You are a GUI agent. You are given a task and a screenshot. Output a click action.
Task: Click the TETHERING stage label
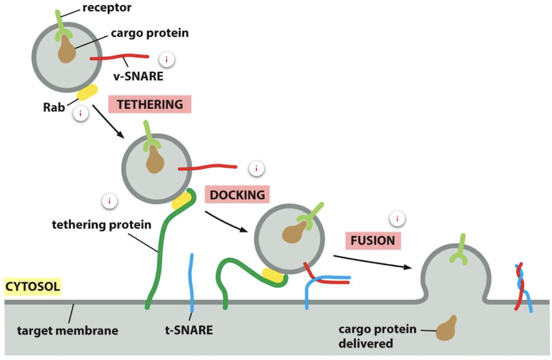pyautogui.click(x=150, y=104)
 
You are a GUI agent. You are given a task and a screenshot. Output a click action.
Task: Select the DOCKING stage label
pyautogui.click(x=237, y=195)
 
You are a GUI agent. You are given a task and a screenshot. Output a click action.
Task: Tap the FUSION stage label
pyautogui.click(x=372, y=241)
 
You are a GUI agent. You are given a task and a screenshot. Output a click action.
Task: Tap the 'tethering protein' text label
pyautogui.click(x=102, y=225)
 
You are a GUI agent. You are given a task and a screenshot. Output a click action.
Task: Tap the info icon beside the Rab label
pyautogui.click(x=81, y=114)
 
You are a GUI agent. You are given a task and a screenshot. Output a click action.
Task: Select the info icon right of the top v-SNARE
pyautogui.click(x=166, y=59)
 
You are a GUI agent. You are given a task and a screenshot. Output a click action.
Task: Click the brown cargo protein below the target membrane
pyautogui.click(x=447, y=329)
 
